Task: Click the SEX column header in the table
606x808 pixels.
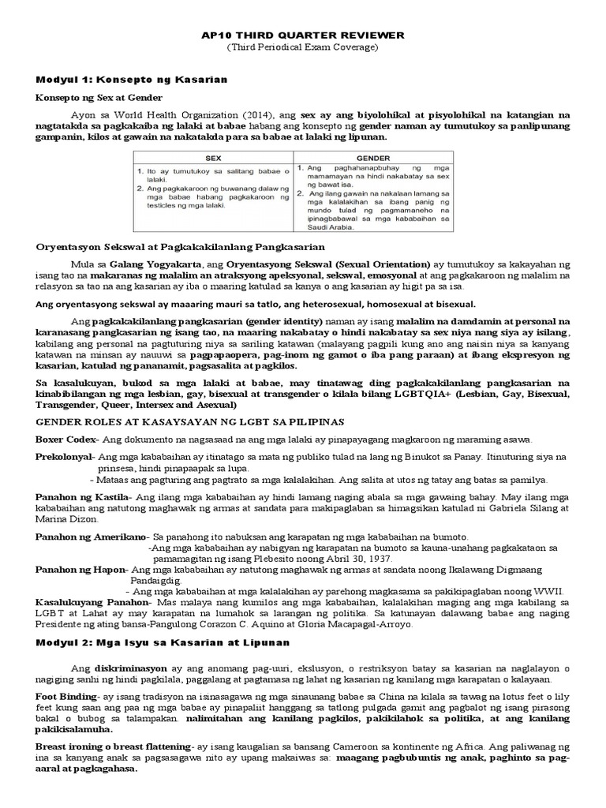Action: coord(214,158)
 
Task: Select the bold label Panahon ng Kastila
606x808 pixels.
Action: coord(83,499)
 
